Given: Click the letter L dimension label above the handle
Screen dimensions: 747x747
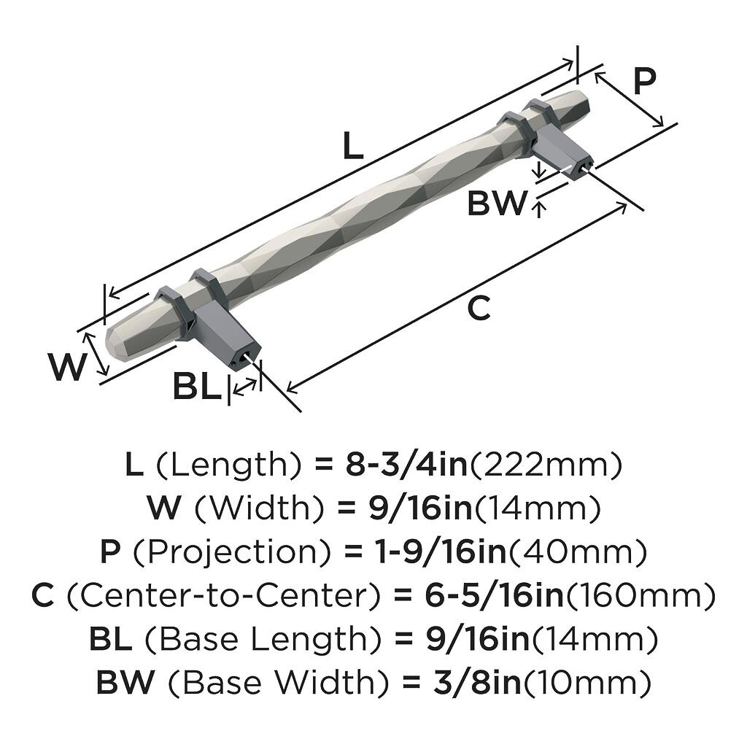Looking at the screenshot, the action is point(353,146).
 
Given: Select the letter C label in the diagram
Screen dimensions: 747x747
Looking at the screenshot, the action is point(479,308).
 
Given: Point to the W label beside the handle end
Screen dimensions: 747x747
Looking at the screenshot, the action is point(67,367).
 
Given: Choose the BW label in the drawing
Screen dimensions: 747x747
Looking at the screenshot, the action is point(498,203).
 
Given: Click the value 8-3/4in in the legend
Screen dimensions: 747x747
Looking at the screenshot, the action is point(406,465).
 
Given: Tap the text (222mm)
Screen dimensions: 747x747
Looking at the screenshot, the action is point(546,465).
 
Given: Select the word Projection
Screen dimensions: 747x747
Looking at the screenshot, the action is point(231,552).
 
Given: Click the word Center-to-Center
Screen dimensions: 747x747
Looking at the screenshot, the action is point(223,595).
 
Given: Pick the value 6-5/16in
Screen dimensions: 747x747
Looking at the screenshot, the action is point(494,595).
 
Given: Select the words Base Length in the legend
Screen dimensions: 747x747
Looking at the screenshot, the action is point(262,639).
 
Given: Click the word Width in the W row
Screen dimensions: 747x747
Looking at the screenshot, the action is point(260,508).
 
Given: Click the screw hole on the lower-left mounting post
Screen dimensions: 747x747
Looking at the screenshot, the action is point(247,356).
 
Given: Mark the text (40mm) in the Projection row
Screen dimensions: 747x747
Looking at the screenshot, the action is point(578,551).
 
